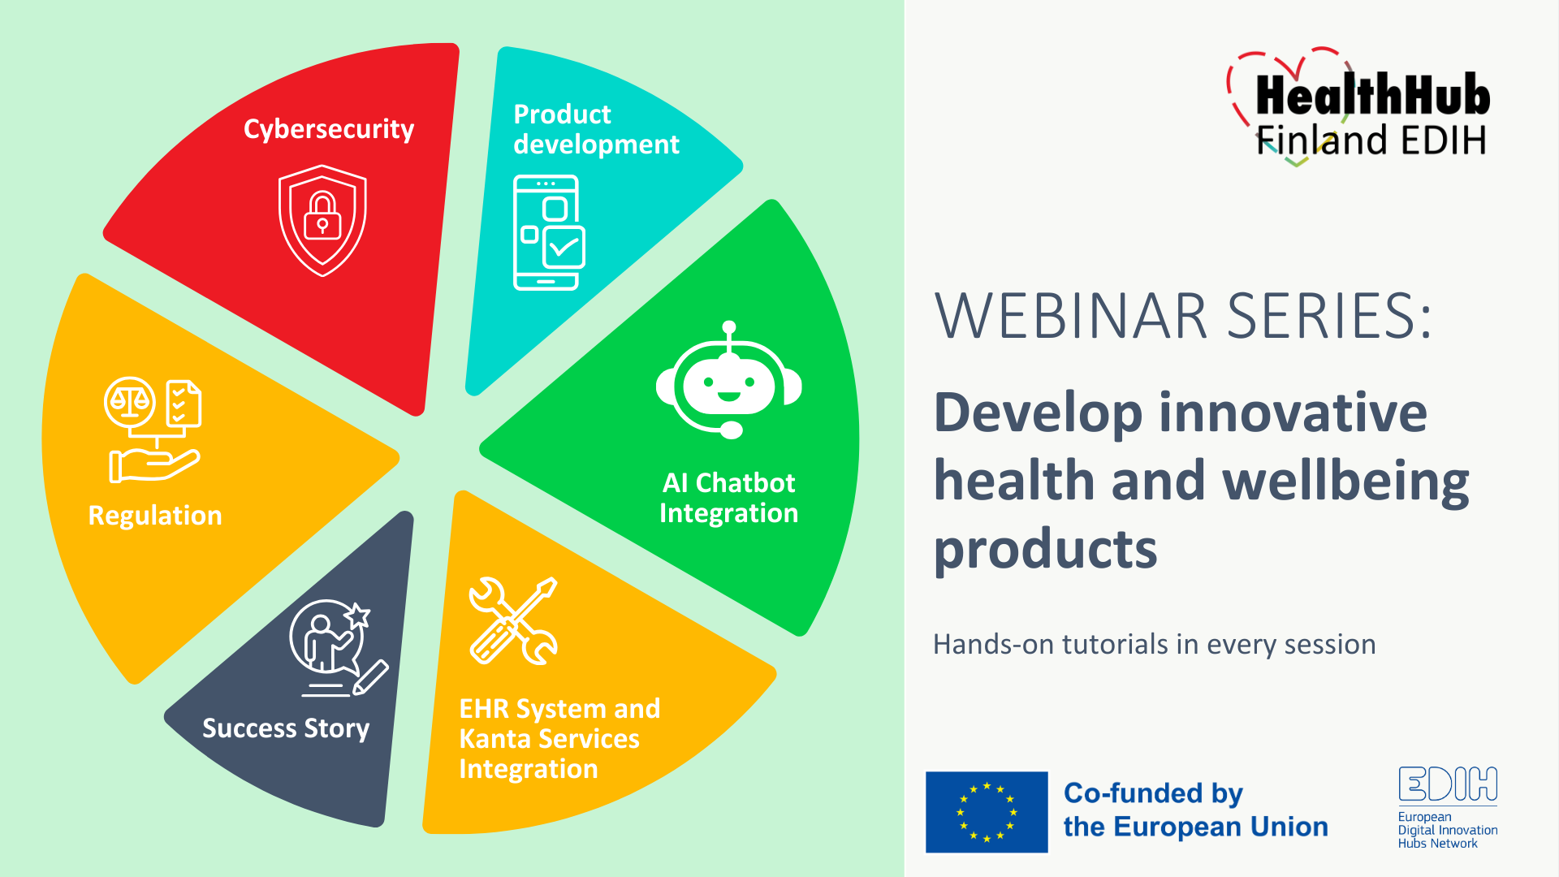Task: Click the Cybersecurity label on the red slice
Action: click(329, 130)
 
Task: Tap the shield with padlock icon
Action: click(322, 221)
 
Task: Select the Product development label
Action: click(596, 129)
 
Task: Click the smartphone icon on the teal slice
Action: click(549, 232)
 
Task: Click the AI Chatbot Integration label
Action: click(728, 498)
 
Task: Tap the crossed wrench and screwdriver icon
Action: click(514, 621)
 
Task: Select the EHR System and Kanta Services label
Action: click(559, 738)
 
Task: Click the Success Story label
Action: click(286, 728)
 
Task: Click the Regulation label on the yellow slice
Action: click(155, 516)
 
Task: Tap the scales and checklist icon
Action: click(153, 430)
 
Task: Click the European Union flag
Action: click(987, 812)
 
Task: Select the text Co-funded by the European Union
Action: click(1195, 810)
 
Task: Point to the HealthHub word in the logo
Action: click(1373, 95)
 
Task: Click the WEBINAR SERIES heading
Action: click(1184, 316)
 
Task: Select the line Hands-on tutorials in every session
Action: click(1154, 645)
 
